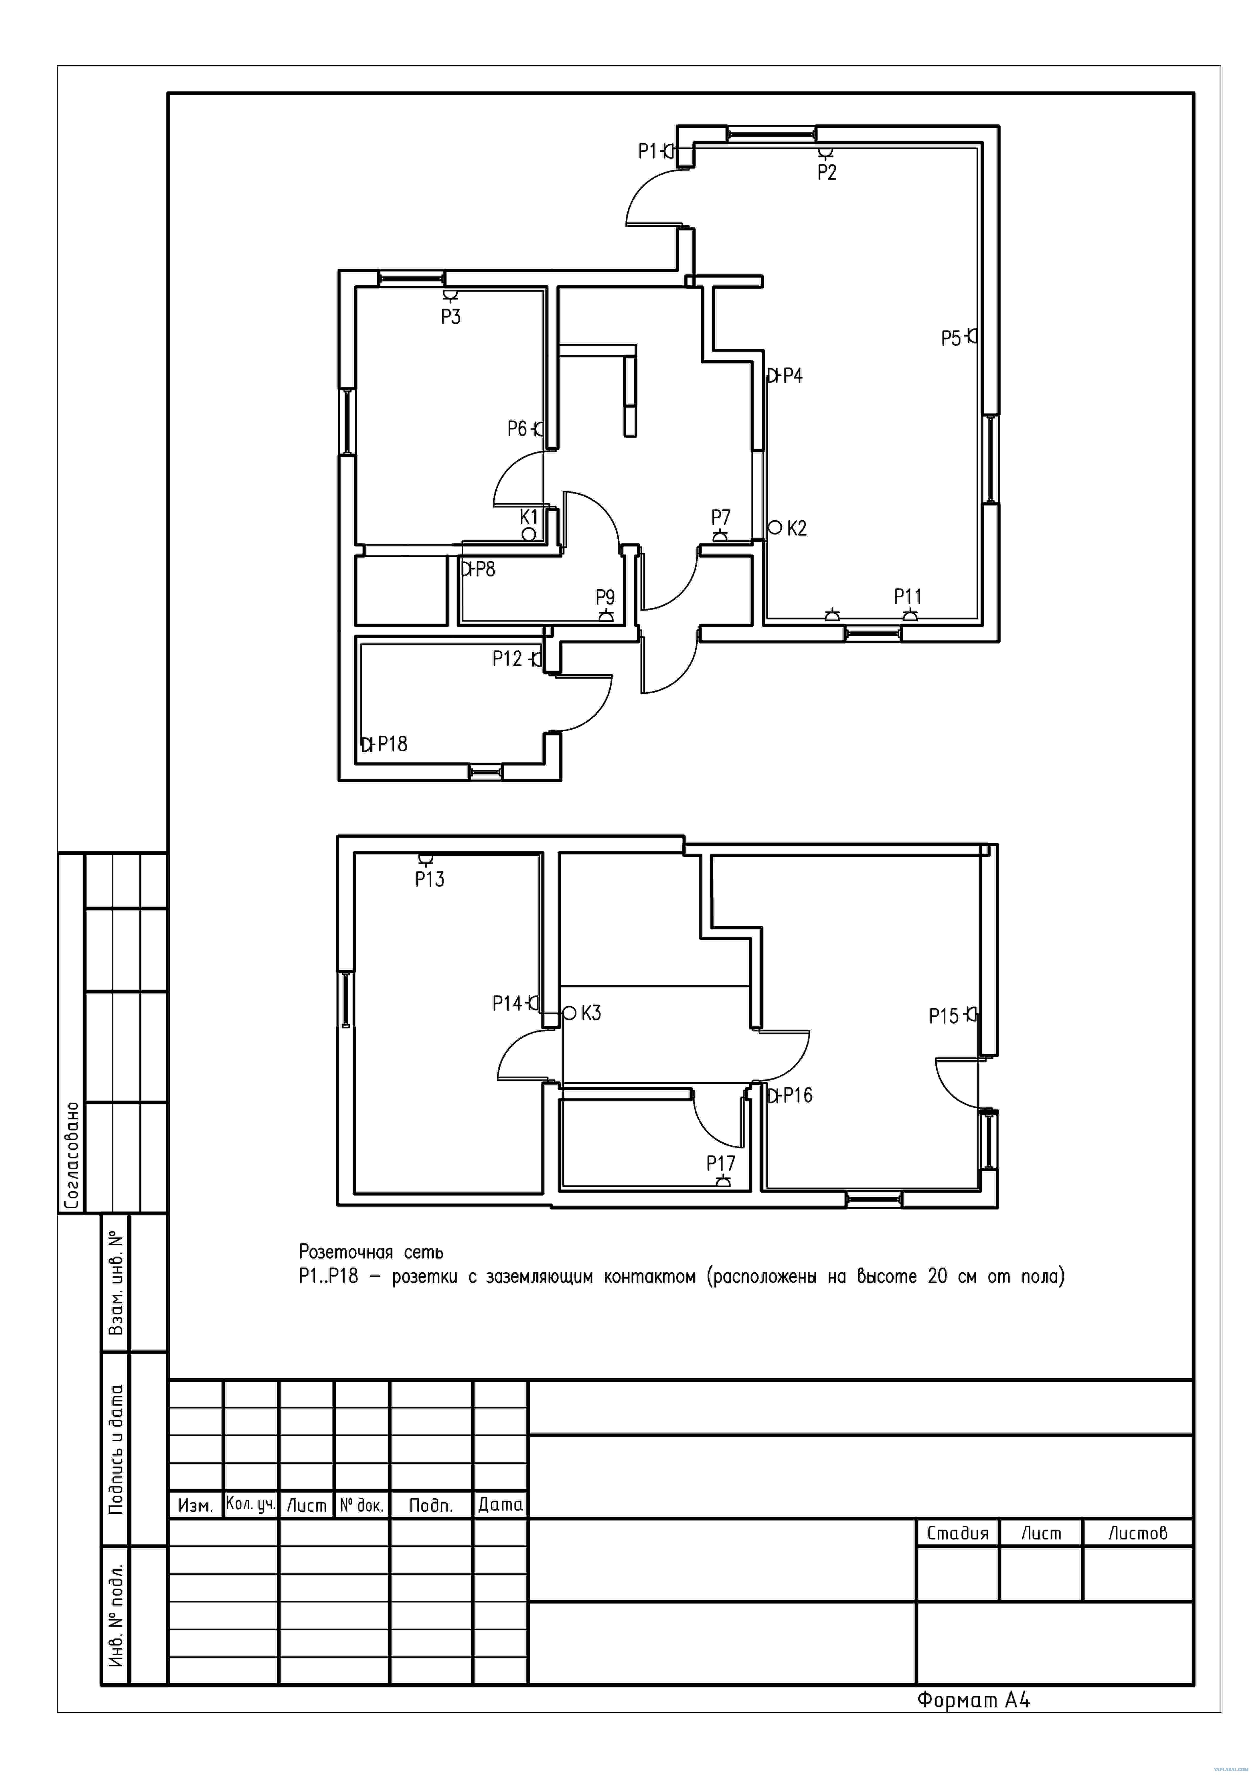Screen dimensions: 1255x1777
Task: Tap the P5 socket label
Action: pos(951,338)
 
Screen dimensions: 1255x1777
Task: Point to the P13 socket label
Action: pos(429,879)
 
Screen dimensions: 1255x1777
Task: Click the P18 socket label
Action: pos(392,744)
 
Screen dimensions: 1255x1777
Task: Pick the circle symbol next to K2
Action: pos(775,527)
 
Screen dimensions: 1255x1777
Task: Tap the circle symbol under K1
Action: pos(529,534)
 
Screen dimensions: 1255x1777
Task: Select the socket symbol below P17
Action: pos(723,1181)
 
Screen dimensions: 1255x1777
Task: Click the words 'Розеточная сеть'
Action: pos(371,1252)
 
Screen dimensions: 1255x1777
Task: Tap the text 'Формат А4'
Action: pos(973,1700)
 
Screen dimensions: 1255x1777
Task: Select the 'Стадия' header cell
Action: pos(958,1533)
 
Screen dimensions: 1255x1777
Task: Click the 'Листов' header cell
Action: pos(1137,1533)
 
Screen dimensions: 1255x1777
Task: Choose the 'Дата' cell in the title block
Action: pos(501,1505)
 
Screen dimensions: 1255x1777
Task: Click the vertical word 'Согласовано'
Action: pos(71,1156)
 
